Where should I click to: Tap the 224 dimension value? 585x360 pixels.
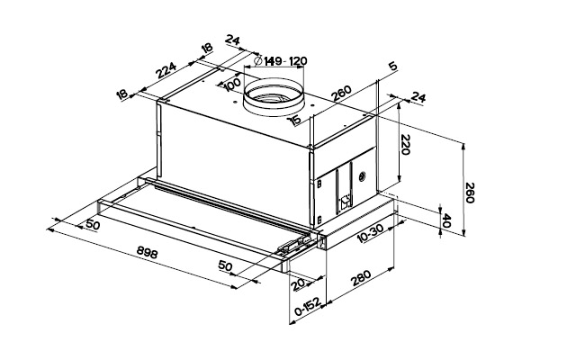(x=167, y=70)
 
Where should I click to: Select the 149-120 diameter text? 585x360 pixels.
(x=286, y=61)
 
